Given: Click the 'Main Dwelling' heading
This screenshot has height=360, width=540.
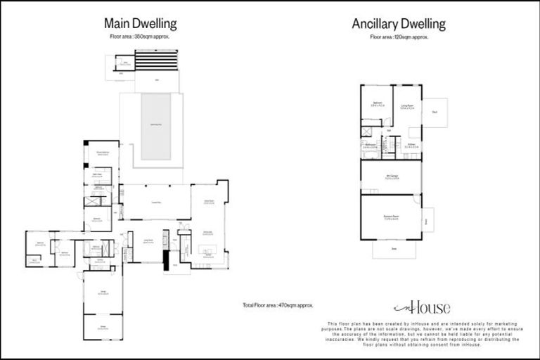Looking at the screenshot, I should [x=139, y=24].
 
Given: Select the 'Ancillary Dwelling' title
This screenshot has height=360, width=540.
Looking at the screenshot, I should [x=399, y=24].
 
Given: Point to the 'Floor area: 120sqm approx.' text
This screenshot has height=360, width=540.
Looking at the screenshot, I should [x=399, y=35].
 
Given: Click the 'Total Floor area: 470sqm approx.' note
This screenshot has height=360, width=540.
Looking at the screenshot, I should [x=276, y=305].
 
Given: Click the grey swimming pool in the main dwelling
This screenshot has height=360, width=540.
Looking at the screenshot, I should [x=156, y=126].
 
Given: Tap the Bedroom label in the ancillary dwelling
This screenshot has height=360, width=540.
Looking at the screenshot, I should [x=377, y=105].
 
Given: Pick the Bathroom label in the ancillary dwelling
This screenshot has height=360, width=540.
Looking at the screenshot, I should [x=372, y=146].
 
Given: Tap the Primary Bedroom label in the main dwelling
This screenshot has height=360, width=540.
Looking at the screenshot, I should [x=101, y=153].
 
